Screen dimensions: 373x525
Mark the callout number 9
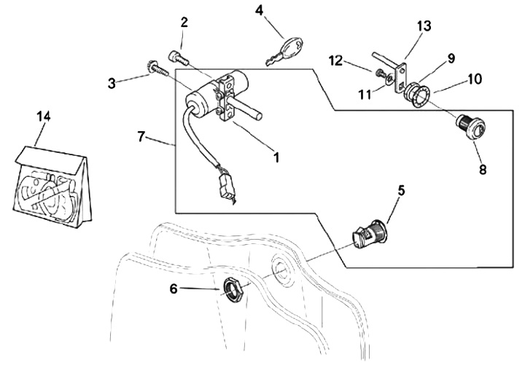[x=451, y=58]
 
